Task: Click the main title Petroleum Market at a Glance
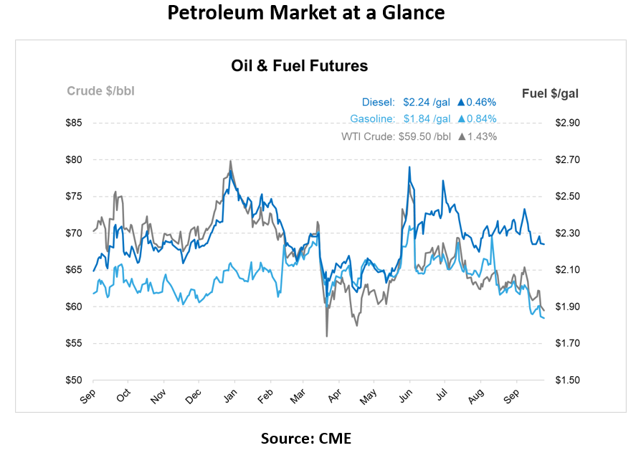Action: click(x=305, y=13)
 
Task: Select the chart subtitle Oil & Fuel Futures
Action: click(x=299, y=66)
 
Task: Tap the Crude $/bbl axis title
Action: click(x=100, y=90)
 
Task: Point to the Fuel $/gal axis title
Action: click(x=550, y=93)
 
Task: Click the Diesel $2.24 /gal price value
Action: click(x=427, y=102)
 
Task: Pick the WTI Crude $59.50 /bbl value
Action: click(x=425, y=136)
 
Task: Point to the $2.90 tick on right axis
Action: click(x=566, y=123)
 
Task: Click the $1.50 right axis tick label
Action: click(x=566, y=380)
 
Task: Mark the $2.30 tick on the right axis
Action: click(x=566, y=233)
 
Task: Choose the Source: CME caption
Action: click(x=306, y=439)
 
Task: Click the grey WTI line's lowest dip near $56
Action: click(x=327, y=335)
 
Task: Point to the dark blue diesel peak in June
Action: click(x=409, y=167)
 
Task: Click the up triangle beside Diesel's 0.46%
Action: click(x=461, y=102)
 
